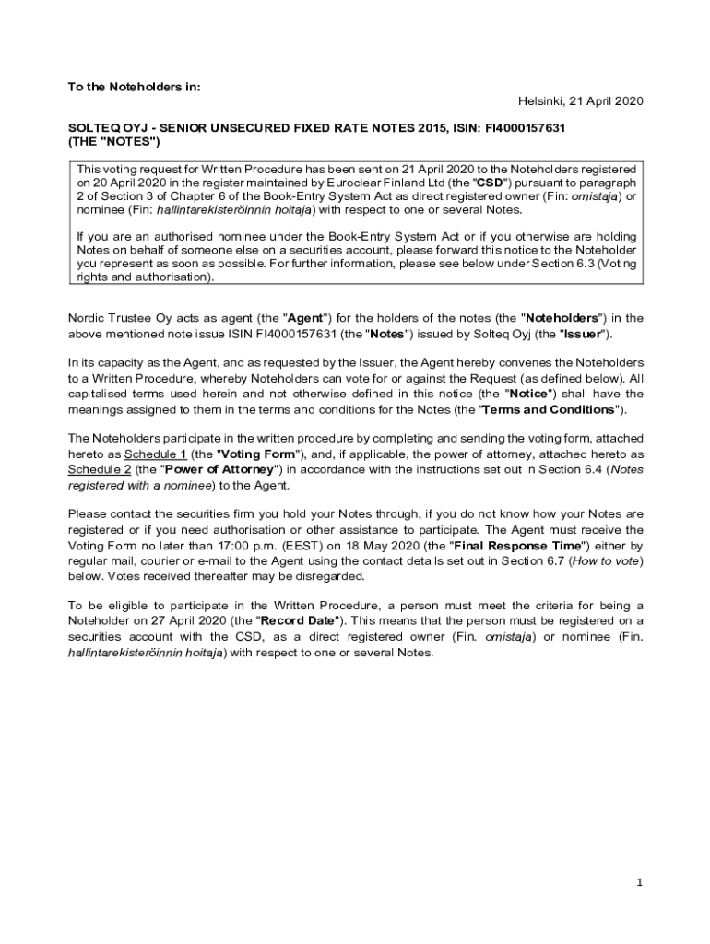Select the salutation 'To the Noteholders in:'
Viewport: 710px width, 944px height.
(134, 87)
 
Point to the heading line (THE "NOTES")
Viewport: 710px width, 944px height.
(114, 142)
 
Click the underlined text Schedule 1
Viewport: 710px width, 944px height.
(156, 454)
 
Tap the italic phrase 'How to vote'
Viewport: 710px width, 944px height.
(609, 560)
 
